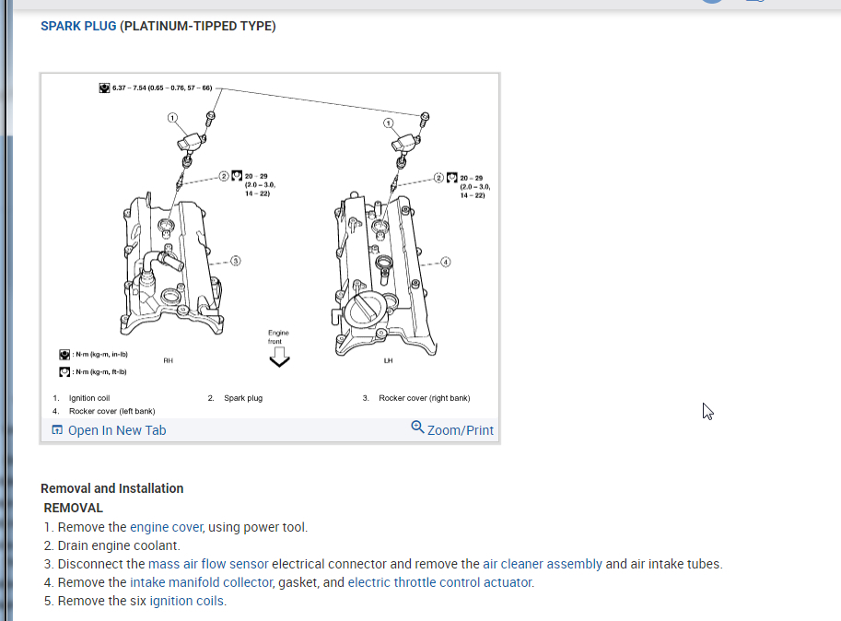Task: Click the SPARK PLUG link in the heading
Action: (78, 26)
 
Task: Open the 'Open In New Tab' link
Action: (109, 430)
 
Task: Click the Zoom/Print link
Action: (452, 429)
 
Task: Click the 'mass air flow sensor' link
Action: (208, 564)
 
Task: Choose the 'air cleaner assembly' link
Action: (542, 564)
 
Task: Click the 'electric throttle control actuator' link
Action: (440, 582)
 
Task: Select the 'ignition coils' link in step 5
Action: (187, 601)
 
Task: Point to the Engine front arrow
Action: (278, 357)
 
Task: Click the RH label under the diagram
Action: (168, 360)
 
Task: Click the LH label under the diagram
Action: (389, 360)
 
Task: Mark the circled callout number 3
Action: (235, 261)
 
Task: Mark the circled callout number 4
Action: (447, 261)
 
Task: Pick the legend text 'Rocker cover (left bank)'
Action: (111, 411)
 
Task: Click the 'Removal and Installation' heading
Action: (111, 488)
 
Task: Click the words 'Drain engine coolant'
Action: (119, 545)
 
